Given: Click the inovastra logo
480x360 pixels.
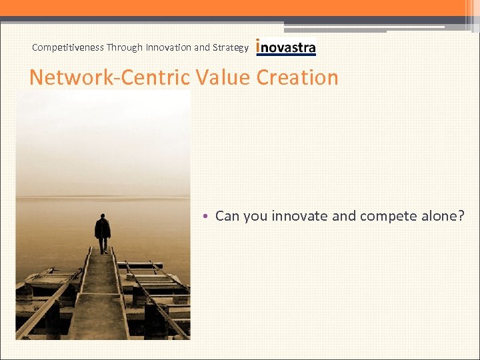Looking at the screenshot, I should click(286, 47).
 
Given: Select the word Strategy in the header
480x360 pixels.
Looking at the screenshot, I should click(230, 47).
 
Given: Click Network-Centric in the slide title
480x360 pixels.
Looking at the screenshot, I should click(111, 77).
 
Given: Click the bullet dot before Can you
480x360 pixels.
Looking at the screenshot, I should click(207, 217).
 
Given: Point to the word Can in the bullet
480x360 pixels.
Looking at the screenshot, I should click(227, 216).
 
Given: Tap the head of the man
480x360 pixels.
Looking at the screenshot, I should click(102, 217).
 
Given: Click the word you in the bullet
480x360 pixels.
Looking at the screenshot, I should click(255, 217).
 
